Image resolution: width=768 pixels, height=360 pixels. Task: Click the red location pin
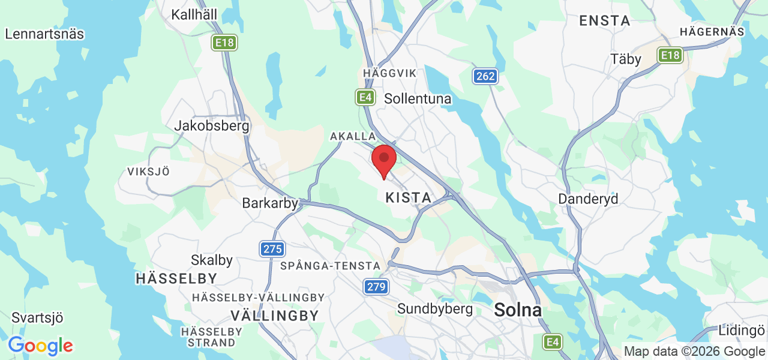(384, 160)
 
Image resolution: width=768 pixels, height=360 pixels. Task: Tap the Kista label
(408, 197)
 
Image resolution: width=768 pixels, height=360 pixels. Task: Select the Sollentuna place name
(418, 98)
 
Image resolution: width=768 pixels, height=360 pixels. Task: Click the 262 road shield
(485, 76)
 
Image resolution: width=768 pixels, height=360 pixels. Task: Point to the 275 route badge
(272, 248)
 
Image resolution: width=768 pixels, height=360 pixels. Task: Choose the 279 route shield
(376, 287)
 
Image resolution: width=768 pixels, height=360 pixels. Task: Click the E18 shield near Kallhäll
(225, 43)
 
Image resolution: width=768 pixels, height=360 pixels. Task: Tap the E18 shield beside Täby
(670, 56)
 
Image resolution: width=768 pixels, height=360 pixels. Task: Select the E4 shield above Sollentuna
(365, 97)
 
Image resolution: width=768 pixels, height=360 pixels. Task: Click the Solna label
(517, 310)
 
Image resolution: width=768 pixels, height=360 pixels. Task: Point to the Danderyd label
(588, 199)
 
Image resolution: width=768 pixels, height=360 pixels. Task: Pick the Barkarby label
(270, 203)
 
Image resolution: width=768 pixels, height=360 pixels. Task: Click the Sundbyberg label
(435, 309)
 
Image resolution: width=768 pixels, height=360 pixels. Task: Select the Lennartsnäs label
(44, 34)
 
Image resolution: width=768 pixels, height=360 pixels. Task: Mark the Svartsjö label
(37, 318)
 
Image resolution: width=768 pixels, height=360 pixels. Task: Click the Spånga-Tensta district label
(330, 265)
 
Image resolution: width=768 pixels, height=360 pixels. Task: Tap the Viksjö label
(148, 172)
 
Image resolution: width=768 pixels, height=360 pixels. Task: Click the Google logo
(40, 346)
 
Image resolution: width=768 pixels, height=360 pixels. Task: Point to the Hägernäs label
(712, 32)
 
